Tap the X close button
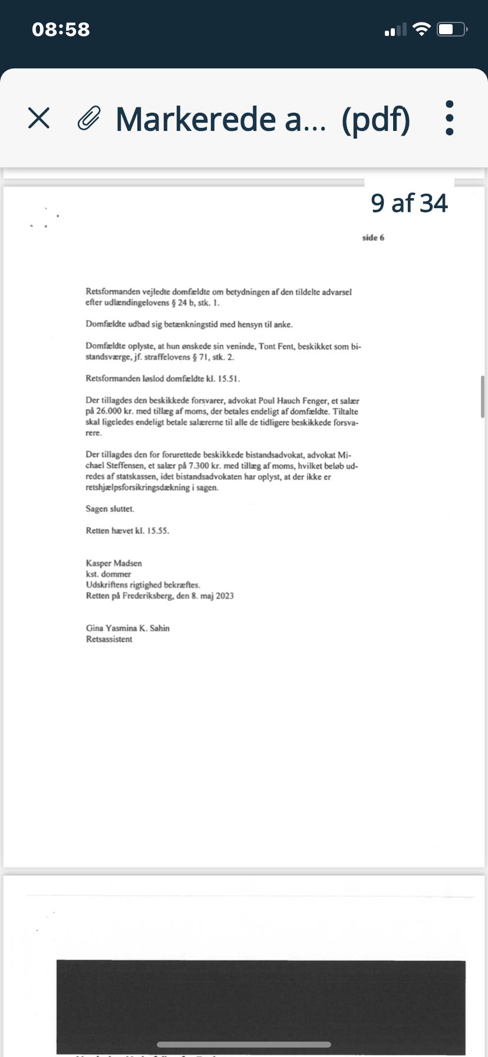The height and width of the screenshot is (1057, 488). pyautogui.click(x=39, y=119)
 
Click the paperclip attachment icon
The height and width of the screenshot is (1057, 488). pyautogui.click(x=89, y=119)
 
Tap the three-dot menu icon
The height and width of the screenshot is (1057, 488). pyautogui.click(x=450, y=118)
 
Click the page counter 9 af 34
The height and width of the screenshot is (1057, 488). pyautogui.click(x=409, y=203)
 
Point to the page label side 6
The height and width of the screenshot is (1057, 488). pyautogui.click(x=373, y=238)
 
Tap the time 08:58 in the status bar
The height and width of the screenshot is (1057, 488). pyautogui.click(x=61, y=29)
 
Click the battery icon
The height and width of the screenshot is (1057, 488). pyautogui.click(x=451, y=29)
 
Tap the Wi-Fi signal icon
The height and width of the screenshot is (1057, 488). pyautogui.click(x=421, y=29)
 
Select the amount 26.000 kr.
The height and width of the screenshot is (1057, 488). pyautogui.click(x=109, y=412)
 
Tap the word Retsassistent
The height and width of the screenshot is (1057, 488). pyautogui.click(x=109, y=639)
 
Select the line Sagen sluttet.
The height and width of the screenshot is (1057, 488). pyautogui.click(x=110, y=509)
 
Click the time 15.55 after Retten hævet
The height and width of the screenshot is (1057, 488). pyautogui.click(x=157, y=531)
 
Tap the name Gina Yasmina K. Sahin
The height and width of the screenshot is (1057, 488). pyautogui.click(x=127, y=628)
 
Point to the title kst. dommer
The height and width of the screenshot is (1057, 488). pyautogui.click(x=108, y=574)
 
